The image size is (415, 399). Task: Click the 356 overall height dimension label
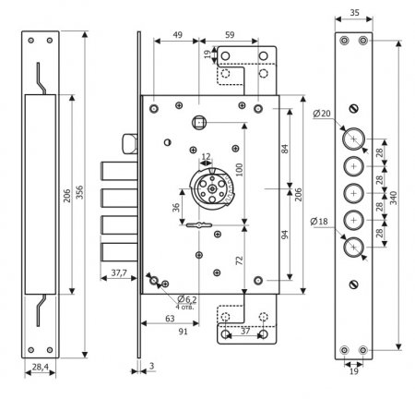[x=79, y=192]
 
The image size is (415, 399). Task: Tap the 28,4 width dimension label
[x=41, y=367]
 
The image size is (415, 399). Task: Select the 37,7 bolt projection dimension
[x=119, y=272]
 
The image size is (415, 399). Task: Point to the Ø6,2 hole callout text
[x=187, y=299]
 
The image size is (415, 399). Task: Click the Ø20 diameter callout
[x=322, y=114]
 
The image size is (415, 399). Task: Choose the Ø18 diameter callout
[x=319, y=222]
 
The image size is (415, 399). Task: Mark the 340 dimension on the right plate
[x=394, y=198]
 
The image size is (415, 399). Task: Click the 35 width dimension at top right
[x=354, y=13]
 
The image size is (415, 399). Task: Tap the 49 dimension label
[x=177, y=35]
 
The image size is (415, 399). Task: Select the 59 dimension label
[x=230, y=35]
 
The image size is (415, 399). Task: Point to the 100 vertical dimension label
[x=239, y=170]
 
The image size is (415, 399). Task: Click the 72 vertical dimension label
[x=239, y=260]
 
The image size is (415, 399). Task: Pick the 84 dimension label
[x=285, y=149]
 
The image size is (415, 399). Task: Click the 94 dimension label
[x=285, y=235]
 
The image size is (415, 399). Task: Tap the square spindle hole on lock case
[x=199, y=123]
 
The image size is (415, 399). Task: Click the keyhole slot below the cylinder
[x=199, y=225]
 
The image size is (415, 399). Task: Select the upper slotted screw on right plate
[x=354, y=108]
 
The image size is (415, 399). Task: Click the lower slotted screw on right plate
[x=354, y=284]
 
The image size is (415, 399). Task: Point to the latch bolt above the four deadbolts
[x=130, y=144]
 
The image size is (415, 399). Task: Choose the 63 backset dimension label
[x=170, y=319]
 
